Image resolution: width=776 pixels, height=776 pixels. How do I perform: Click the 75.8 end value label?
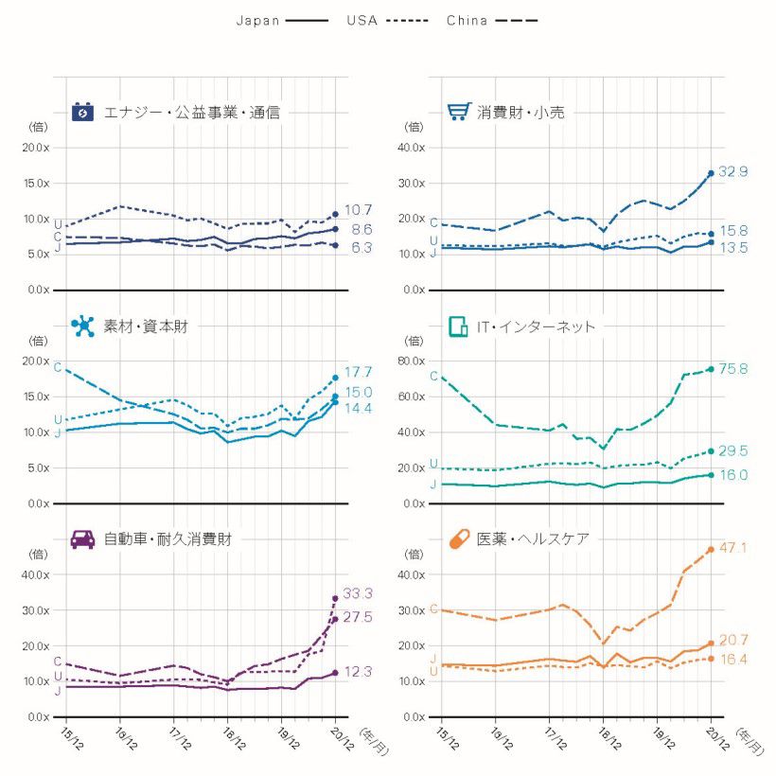point(733,369)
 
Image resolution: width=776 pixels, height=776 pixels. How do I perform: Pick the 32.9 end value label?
point(733,172)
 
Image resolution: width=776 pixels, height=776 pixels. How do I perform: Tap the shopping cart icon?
point(459,112)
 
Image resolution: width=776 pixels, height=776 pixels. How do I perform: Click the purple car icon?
point(83,539)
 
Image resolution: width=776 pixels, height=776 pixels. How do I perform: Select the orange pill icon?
point(459,539)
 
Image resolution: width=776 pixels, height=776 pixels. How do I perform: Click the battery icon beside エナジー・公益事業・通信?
point(83,113)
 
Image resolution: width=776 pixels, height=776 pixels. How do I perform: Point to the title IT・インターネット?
point(537,326)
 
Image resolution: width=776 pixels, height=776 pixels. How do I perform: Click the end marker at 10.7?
point(335,214)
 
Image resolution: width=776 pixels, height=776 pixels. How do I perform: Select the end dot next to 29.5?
point(711,450)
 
